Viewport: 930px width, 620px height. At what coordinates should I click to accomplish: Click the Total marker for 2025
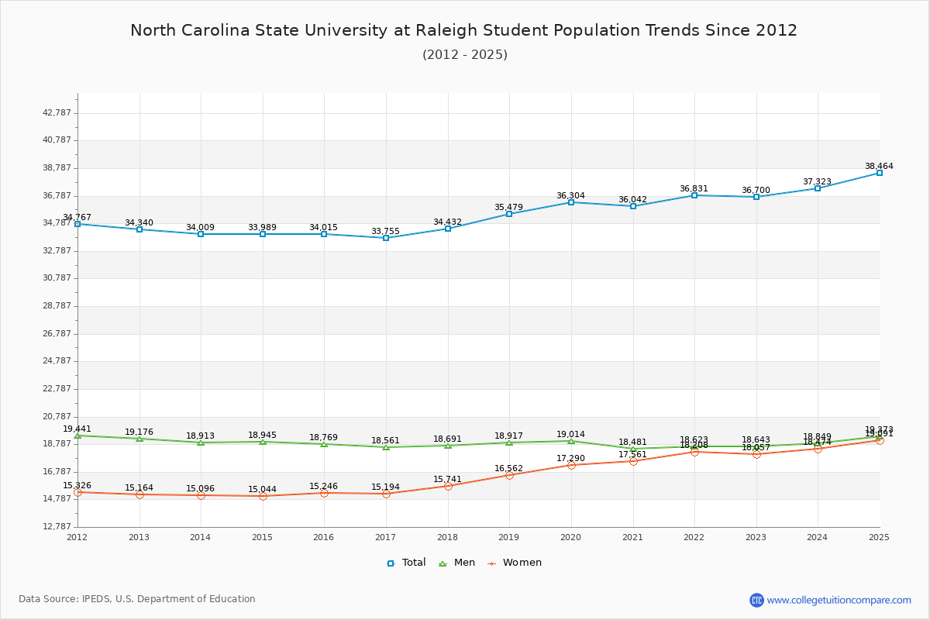[x=880, y=173]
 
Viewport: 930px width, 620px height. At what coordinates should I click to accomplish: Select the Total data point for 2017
[x=386, y=238]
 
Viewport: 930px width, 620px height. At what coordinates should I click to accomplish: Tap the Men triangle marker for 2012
[x=77, y=436]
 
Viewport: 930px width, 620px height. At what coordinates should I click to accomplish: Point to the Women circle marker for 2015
[x=263, y=496]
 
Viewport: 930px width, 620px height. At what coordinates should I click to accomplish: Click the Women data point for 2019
[x=509, y=475]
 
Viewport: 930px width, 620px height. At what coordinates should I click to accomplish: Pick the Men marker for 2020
[x=571, y=441]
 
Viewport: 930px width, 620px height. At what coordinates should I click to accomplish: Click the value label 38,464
[x=879, y=166]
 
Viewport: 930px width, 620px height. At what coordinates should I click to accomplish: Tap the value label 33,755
[x=385, y=231]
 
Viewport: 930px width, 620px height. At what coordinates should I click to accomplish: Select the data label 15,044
[x=262, y=489]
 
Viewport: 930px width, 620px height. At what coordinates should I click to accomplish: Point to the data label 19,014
[x=570, y=434]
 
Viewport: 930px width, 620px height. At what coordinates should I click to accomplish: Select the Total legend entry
[x=407, y=563]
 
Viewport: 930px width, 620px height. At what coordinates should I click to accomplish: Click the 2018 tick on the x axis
[x=447, y=537]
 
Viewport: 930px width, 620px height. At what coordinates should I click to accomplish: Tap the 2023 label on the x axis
[x=756, y=537]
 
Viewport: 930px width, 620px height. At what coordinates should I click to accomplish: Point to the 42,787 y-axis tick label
[x=57, y=112]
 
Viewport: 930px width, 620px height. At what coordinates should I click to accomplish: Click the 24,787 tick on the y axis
[x=57, y=360]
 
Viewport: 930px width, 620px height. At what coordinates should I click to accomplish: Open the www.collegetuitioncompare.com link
[x=839, y=600]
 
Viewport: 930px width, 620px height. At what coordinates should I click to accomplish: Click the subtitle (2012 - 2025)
[x=465, y=54]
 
